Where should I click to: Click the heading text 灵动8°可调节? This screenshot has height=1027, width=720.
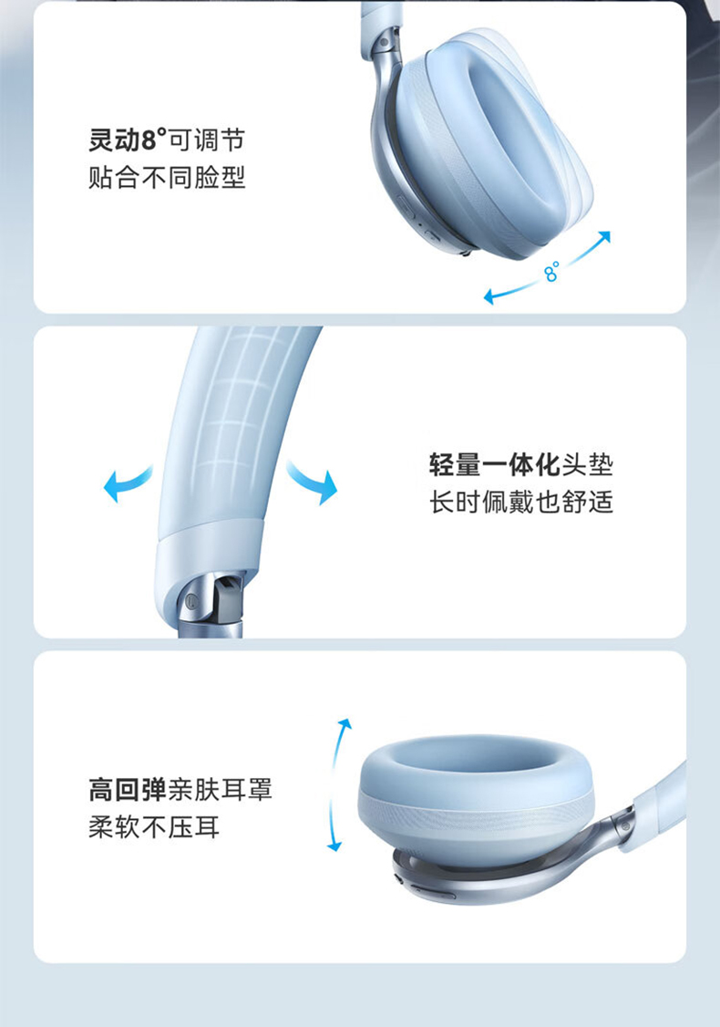[167, 140]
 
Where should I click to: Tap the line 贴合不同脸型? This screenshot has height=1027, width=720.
[167, 178]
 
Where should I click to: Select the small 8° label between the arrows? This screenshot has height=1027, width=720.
[551, 271]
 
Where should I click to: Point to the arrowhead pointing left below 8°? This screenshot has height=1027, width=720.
[489, 296]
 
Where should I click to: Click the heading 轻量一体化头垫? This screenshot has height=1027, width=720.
[521, 465]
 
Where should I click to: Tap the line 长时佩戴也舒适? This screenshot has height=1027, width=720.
[521, 503]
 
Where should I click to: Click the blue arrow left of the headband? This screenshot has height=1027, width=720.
[127, 482]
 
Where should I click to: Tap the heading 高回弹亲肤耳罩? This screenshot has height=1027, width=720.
[180, 790]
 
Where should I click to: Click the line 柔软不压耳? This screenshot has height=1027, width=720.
[154, 827]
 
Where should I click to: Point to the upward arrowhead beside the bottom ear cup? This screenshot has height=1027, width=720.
[345, 724]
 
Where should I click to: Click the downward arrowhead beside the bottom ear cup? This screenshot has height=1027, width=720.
[334, 846]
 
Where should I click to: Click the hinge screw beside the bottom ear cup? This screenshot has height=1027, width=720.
[625, 826]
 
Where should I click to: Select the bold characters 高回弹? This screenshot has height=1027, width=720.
[128, 790]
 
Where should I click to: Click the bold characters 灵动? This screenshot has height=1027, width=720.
[115, 140]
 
